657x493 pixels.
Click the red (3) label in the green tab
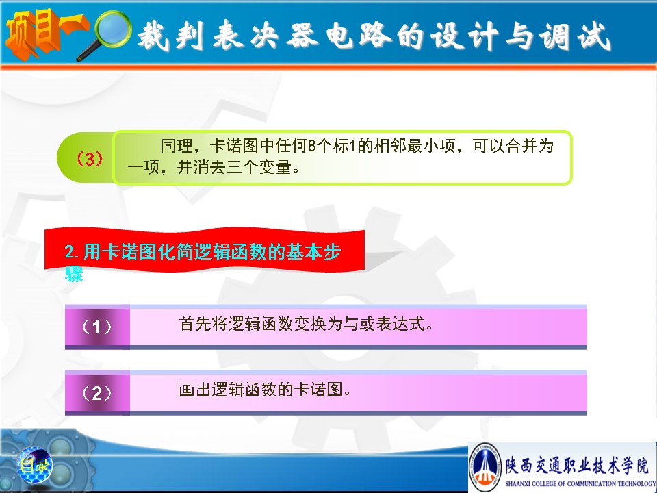click(89, 158)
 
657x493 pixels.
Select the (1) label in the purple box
click(96, 327)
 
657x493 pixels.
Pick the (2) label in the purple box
click(96, 393)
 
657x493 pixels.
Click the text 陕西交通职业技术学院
click(577, 466)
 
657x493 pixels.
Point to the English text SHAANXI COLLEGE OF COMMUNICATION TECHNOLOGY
click(580, 484)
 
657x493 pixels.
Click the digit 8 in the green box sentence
click(311, 146)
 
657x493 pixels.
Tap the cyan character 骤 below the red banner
click(74, 274)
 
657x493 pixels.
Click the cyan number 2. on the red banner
click(72, 252)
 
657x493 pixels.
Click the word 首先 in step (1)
click(195, 324)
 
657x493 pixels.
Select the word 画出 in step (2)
click(195, 390)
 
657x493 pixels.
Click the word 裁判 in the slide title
click(171, 36)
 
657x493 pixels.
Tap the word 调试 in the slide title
click(574, 36)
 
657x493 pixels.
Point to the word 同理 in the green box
click(177, 146)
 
